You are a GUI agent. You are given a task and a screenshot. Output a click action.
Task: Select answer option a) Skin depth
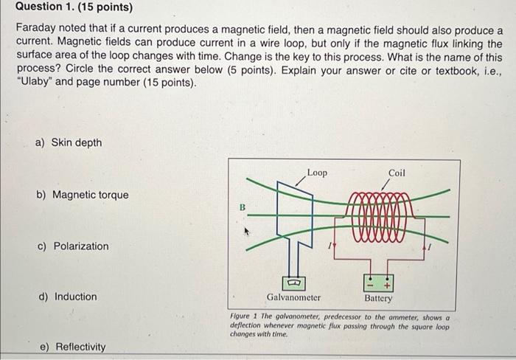coord(70,142)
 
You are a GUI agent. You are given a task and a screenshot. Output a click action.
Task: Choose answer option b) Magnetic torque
coord(83,195)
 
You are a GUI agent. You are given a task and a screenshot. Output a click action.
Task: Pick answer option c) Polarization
coord(73,246)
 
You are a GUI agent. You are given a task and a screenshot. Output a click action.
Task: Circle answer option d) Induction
coord(68,297)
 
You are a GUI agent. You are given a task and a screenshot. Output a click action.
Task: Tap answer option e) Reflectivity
coord(72,347)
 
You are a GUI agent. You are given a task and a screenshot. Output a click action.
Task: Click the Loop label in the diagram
coord(318,173)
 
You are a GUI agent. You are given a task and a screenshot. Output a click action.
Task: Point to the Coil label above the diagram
coord(397,173)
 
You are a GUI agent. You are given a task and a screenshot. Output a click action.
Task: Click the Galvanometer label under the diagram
coord(293,298)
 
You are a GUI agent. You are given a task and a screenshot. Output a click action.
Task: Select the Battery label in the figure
coord(378,298)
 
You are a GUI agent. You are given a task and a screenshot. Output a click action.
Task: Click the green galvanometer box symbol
coord(293,282)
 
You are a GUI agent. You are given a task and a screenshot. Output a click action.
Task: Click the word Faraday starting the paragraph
coord(36,30)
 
